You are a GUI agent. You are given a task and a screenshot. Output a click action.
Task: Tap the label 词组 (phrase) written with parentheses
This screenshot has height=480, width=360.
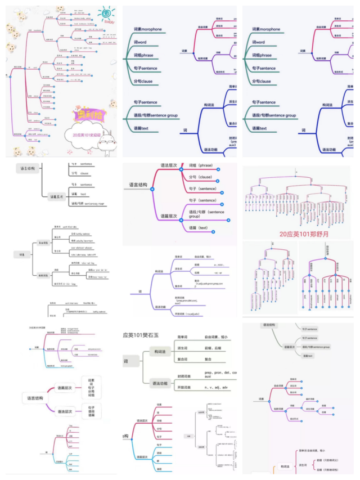[201, 165]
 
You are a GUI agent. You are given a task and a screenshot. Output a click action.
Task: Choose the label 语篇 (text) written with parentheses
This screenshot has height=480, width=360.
[199, 227]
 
